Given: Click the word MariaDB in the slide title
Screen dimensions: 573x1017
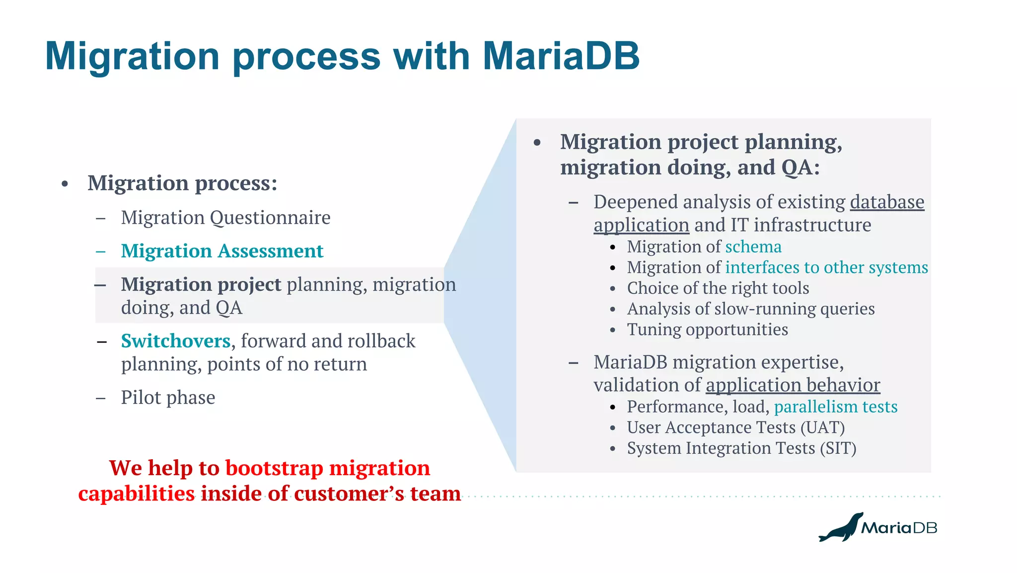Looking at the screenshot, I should click(x=561, y=56).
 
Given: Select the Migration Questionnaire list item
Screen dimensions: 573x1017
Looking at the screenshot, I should click(x=225, y=218).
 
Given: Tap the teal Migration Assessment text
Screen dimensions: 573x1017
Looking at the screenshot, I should click(x=222, y=251).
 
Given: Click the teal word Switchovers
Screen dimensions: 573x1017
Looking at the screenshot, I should click(x=176, y=341).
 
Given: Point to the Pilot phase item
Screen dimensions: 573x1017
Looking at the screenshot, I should click(x=168, y=398).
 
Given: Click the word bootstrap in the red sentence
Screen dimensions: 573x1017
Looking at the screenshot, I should click(x=274, y=468).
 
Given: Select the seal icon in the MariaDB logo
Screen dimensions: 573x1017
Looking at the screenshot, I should click(x=840, y=528).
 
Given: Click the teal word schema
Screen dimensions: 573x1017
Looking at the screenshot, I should click(x=753, y=246).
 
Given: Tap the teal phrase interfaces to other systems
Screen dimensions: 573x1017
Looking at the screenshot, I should click(x=826, y=267).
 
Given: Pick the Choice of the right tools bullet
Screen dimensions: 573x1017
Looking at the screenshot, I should click(x=718, y=288).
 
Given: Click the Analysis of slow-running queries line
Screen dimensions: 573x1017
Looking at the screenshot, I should click(x=750, y=309).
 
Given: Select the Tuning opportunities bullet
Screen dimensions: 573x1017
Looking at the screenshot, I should click(x=707, y=329).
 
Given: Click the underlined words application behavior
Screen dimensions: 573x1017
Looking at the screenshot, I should click(x=793, y=385).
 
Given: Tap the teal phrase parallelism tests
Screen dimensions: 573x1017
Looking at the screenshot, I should click(x=835, y=407).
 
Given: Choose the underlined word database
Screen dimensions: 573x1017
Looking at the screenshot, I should click(x=887, y=202).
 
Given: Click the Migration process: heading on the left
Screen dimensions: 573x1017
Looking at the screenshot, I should click(x=182, y=183).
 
